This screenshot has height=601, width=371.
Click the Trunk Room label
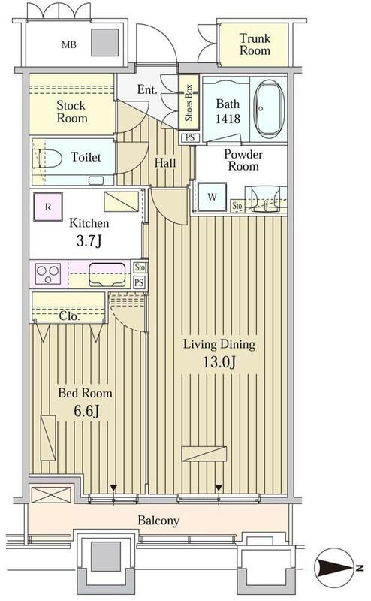[255, 45]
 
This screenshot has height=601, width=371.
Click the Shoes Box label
[189, 104]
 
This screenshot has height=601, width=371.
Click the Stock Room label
[72, 111]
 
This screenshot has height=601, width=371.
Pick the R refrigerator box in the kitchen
[48, 205]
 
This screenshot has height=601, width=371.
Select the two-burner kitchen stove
[47, 273]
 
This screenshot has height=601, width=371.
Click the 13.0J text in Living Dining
[220, 363]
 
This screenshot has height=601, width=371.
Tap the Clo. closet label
[71, 316]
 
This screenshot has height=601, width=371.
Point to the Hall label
[165, 163]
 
